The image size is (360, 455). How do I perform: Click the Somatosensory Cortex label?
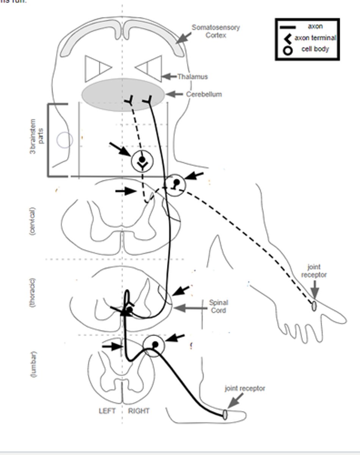point(215,31)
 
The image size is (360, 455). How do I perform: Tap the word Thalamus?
point(193,77)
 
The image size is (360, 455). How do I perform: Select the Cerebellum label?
point(203,94)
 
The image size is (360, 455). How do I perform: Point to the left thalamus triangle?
point(97,68)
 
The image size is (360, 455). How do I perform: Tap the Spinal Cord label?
point(218,306)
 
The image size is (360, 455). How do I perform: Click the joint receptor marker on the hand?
point(314,306)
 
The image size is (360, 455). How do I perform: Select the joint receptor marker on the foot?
point(225,414)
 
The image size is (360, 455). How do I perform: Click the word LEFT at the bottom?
point(107,411)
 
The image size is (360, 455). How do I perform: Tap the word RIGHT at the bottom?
point(139,411)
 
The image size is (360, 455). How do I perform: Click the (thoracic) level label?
point(33,292)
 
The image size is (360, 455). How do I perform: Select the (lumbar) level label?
point(33,365)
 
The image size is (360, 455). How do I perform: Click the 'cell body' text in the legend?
point(315,49)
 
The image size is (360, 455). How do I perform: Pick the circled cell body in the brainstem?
point(142,161)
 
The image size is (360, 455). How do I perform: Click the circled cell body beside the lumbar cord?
point(154,345)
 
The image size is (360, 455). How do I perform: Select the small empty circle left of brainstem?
point(64,140)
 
